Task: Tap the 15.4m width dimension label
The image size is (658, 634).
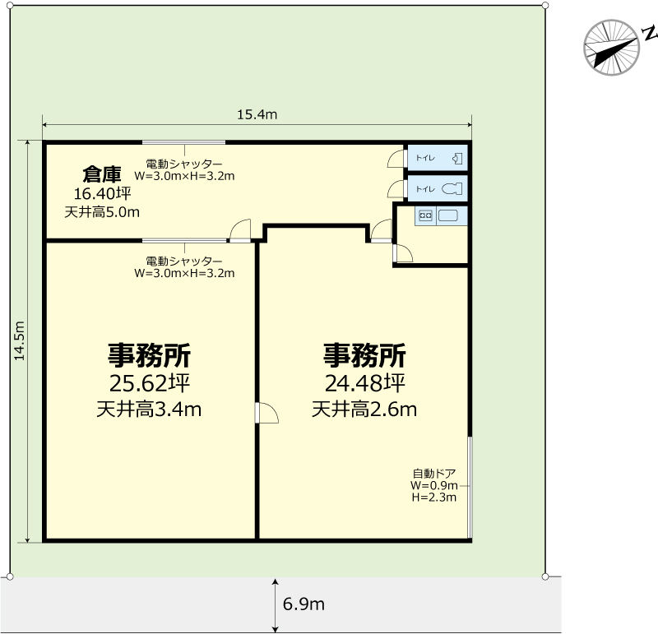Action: pos(257,114)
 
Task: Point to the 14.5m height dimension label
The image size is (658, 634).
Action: pos(19,340)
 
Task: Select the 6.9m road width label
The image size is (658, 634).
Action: pos(304,604)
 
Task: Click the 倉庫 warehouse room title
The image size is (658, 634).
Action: pos(102,174)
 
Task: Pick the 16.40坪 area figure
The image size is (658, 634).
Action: pos(102,193)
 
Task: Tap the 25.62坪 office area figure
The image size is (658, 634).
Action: pos(150,382)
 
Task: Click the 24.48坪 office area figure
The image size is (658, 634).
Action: pos(364,382)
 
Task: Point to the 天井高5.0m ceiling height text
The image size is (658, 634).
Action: pos(102,212)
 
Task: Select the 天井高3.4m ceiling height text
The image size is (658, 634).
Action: pos(149,410)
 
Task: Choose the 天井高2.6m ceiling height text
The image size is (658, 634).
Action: pos(364,410)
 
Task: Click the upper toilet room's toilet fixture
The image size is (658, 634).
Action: pos(457,159)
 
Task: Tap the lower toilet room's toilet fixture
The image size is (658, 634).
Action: pos(452,189)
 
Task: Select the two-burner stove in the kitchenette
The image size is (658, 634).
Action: pos(425,215)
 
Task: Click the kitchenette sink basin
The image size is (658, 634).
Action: pos(447,215)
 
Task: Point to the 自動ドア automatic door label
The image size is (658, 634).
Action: pos(434,474)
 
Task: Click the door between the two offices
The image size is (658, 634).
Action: pos(266,413)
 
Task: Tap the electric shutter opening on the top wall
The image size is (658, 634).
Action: pos(183,142)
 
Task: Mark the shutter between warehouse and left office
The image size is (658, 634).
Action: pos(183,240)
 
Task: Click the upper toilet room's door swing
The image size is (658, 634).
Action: pos(396,159)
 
